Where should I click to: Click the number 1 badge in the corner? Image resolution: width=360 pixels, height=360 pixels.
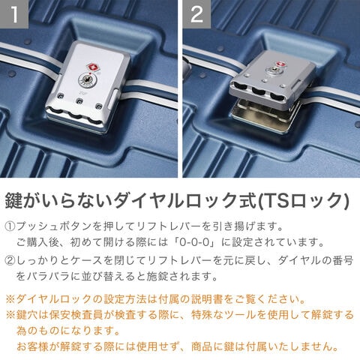click(14, 14)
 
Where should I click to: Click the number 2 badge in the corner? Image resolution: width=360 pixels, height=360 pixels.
click(196, 14)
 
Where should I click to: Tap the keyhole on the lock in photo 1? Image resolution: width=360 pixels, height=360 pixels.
click(87, 79)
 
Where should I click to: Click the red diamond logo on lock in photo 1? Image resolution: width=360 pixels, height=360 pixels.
click(91, 67)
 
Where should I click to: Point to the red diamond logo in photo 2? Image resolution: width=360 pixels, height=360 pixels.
click(280, 64)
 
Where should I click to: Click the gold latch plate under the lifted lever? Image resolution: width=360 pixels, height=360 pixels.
click(265, 111)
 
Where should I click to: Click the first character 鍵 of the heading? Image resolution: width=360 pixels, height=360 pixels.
click(14, 200)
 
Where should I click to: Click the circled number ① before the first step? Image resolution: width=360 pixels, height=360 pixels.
click(10, 226)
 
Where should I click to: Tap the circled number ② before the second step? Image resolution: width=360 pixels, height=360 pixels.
click(10, 261)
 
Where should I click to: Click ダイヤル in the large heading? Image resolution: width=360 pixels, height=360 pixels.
click(148, 200)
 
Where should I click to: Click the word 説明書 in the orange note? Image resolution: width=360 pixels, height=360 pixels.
click(208, 299)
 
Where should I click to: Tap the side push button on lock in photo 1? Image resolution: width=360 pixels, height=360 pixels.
click(113, 99)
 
